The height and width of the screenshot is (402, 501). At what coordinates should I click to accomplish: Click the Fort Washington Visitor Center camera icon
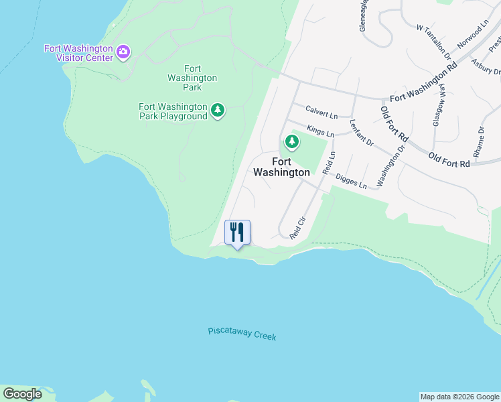[x=123, y=52]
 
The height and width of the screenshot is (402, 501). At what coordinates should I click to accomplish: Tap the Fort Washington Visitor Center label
[x=79, y=53]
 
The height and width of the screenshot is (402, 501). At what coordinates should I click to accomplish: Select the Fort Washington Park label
[x=192, y=78]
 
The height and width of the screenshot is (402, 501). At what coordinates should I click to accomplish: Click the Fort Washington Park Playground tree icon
[x=217, y=110]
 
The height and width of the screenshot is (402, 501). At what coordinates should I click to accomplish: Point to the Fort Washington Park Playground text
[x=173, y=111]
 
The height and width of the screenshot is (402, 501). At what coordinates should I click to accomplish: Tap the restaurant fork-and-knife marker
[x=237, y=233]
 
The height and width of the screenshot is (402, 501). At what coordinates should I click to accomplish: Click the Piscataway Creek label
[x=242, y=334]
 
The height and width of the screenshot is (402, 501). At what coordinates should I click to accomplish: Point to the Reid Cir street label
[x=297, y=227]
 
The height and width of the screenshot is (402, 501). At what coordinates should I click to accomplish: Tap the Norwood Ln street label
[x=474, y=33]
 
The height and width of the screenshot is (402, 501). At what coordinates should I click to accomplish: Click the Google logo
[x=22, y=394]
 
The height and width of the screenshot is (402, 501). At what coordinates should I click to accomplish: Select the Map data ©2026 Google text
[x=459, y=397]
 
